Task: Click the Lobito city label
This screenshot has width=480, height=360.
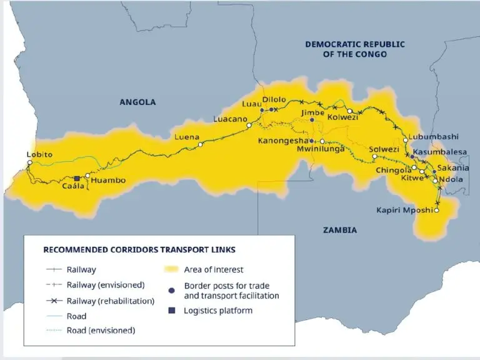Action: point(39,154)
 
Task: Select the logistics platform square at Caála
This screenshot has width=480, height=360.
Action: point(77,178)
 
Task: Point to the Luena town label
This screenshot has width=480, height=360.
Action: point(187,137)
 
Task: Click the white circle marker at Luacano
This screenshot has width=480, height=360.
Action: point(248,126)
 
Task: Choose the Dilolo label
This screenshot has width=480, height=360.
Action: point(274,99)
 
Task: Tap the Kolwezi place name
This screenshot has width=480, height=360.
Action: point(342,117)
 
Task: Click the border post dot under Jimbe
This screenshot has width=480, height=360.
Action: point(312,120)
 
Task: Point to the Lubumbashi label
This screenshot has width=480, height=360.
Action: point(433,137)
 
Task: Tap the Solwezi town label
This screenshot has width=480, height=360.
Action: point(384,149)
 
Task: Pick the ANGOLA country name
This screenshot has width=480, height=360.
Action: point(137,102)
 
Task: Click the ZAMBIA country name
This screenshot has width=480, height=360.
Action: point(340,230)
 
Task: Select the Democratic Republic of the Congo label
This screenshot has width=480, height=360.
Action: point(354,49)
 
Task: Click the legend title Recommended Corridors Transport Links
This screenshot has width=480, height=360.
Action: point(139,249)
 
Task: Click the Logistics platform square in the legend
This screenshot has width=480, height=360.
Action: point(171,311)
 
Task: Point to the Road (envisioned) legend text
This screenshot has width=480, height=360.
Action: point(101,330)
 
